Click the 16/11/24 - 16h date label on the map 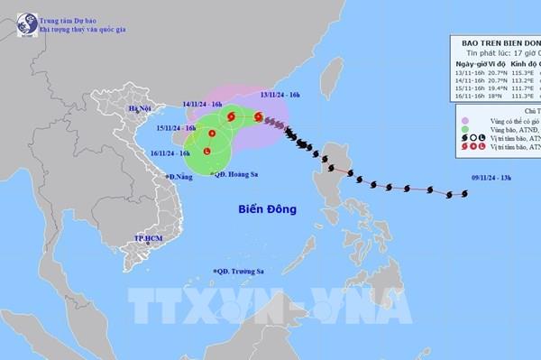coord(171,153)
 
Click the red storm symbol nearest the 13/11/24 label coord(259,116)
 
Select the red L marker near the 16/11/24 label coord(208,151)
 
